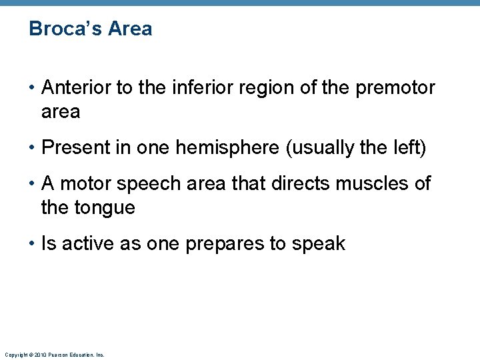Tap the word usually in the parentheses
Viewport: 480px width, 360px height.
tap(326, 148)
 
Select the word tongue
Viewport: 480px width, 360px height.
tap(107, 208)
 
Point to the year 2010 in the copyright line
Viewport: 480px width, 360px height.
tap(37, 355)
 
